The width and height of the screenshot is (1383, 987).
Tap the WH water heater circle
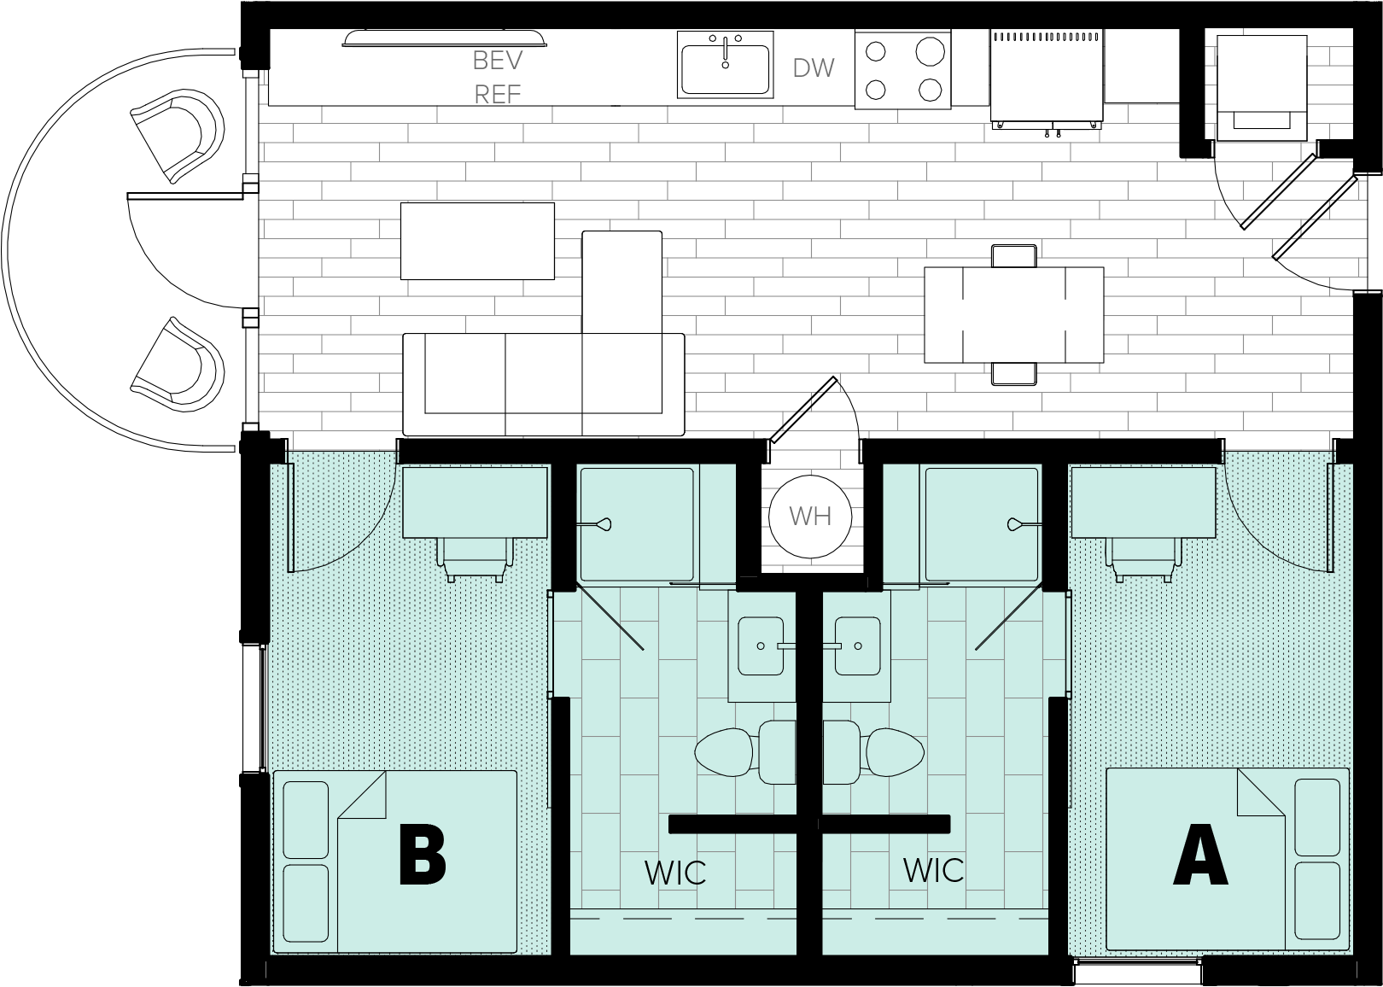pos(809,517)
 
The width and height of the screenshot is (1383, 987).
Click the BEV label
pos(497,61)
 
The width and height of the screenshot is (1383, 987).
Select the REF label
pos(497,94)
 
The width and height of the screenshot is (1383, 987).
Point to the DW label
pos(813,68)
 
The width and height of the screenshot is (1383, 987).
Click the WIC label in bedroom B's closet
pos(674,873)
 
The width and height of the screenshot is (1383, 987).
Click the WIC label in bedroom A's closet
pos(933,870)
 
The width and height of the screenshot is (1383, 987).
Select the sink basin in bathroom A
pos(859,645)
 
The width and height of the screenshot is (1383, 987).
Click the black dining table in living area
pos(1013,314)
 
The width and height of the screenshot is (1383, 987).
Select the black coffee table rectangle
pos(477,241)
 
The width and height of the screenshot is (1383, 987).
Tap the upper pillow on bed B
pos(305,820)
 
